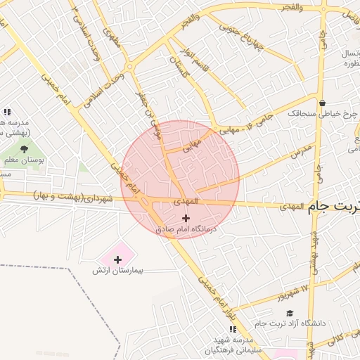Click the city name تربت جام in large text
[335, 206]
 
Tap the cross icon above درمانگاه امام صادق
[186, 219]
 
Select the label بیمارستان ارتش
[118, 271]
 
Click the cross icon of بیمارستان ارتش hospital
[117, 260]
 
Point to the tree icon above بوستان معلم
[25, 149]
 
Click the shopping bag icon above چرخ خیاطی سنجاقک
[322, 103]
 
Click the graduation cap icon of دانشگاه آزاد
[290, 314]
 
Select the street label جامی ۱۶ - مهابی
[240, 127]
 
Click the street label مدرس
[302, 150]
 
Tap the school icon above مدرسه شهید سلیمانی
[232, 329]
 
